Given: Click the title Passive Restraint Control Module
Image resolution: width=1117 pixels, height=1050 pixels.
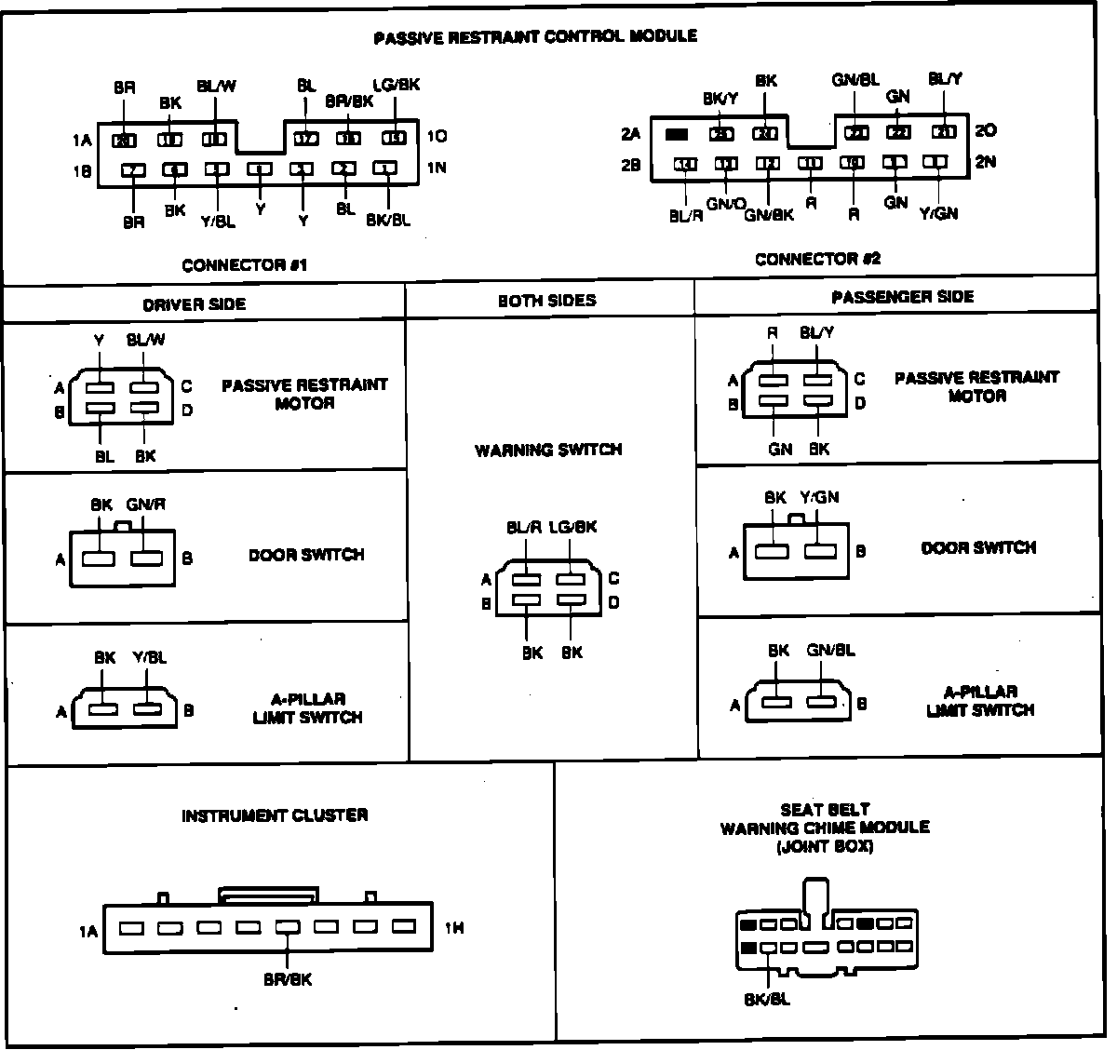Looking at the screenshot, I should click(x=534, y=37).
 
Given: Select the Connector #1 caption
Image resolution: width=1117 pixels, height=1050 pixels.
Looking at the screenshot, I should click(x=245, y=265).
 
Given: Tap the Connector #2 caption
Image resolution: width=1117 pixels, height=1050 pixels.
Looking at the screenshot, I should click(x=817, y=259).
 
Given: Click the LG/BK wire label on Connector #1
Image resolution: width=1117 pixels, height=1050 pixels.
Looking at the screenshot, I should click(x=396, y=85).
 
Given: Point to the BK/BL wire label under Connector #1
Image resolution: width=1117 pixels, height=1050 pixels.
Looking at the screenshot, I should click(x=387, y=220).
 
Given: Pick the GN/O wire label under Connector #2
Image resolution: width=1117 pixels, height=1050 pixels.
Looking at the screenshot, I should click(x=726, y=204).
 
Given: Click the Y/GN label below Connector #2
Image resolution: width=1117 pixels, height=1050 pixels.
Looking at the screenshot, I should click(x=937, y=214).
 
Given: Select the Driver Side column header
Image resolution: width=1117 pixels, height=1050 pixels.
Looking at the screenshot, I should click(x=195, y=304).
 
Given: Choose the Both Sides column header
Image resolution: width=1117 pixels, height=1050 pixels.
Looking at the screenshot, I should click(x=547, y=301).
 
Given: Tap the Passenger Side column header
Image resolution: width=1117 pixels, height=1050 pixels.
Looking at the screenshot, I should click(x=902, y=297).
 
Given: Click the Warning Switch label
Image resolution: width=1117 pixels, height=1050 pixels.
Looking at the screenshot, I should click(x=548, y=451).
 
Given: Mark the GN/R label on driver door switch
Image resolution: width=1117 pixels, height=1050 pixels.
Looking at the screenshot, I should click(x=146, y=505).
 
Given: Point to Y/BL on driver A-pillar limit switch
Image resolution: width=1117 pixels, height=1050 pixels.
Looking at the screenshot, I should click(x=149, y=657).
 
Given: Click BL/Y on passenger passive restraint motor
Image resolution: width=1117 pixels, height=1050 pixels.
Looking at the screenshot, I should click(x=816, y=333).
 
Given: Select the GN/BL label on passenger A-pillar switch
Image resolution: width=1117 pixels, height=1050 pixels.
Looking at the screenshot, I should click(x=830, y=651).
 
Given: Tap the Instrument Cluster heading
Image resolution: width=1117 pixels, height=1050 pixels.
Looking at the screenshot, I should click(x=275, y=815).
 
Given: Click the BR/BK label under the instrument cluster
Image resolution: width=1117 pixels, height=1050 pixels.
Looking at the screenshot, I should click(x=288, y=979).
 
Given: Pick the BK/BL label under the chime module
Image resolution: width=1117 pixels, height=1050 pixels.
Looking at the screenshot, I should click(x=767, y=1000).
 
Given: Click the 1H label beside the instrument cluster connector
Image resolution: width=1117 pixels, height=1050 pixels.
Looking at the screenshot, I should click(x=454, y=928).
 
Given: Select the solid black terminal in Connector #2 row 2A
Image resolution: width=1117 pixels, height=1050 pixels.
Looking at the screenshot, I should click(x=677, y=134).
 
